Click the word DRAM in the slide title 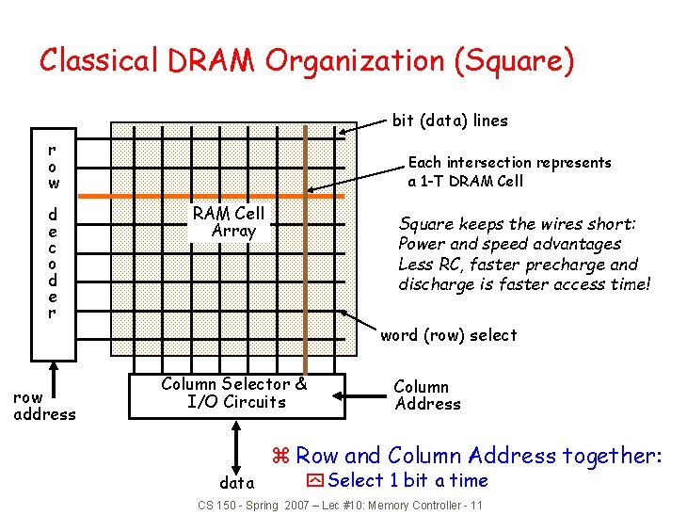(213, 61)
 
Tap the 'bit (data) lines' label (450, 121)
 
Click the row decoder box (53, 245)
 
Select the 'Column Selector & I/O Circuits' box (233, 394)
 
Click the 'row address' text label (44, 406)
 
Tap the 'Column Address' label (427, 395)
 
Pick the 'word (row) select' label (448, 335)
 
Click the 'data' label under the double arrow (236, 483)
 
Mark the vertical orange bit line (305, 282)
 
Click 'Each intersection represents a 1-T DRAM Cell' (508, 171)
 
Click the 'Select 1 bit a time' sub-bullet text (407, 481)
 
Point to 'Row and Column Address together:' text (479, 457)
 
